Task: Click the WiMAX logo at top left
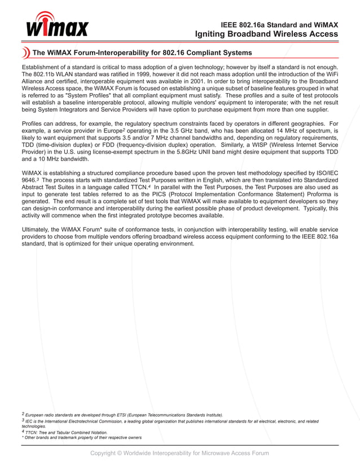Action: click(56, 24)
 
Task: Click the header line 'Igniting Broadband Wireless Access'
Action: click(266, 34)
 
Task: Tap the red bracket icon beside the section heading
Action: click(25, 53)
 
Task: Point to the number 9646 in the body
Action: click(29, 179)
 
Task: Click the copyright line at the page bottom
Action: click(179, 453)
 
